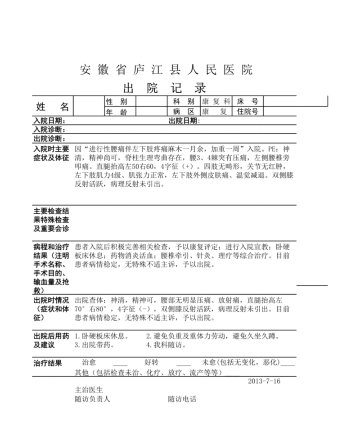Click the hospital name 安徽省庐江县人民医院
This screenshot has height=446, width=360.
tap(166, 70)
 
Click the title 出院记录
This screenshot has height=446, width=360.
tap(165, 87)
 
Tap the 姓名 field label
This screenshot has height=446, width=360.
tap(52, 107)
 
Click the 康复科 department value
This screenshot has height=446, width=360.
tap(216, 102)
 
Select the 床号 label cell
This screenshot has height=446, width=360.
tap(247, 102)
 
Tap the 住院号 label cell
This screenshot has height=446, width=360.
tap(247, 112)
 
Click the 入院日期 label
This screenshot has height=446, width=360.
tap(49, 121)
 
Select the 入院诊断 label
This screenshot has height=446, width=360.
tap(49, 130)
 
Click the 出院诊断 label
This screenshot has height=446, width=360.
tap(49, 139)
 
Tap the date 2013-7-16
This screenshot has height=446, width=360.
tap(264, 381)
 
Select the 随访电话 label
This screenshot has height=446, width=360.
tap(182, 399)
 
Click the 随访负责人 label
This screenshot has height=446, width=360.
tap(92, 399)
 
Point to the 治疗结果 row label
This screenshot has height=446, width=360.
tap(48, 363)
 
